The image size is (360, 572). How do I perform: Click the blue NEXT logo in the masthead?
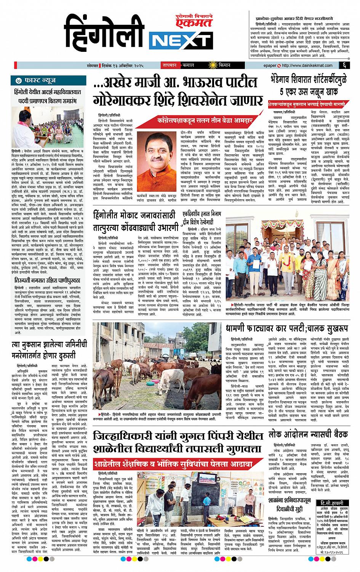tap(180, 39)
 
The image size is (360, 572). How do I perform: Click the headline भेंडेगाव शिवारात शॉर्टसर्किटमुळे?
tap(309, 86)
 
